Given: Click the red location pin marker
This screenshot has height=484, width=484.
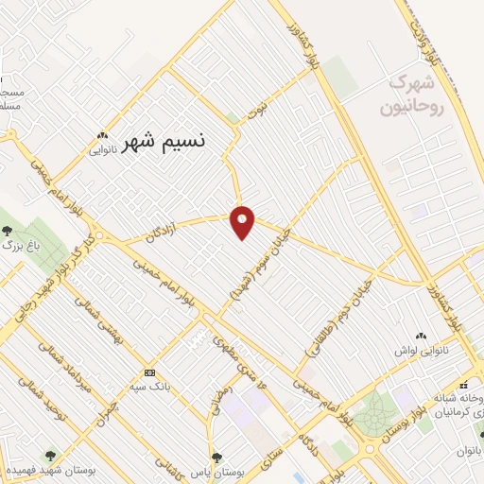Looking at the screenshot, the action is point(243,221).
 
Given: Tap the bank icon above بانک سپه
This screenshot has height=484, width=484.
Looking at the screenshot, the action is point(149,372).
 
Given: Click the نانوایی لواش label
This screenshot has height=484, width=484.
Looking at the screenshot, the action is point(421,349).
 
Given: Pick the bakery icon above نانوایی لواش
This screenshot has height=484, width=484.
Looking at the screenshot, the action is point(421,335).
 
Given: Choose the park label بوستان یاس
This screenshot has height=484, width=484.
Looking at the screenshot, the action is point(218,469).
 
